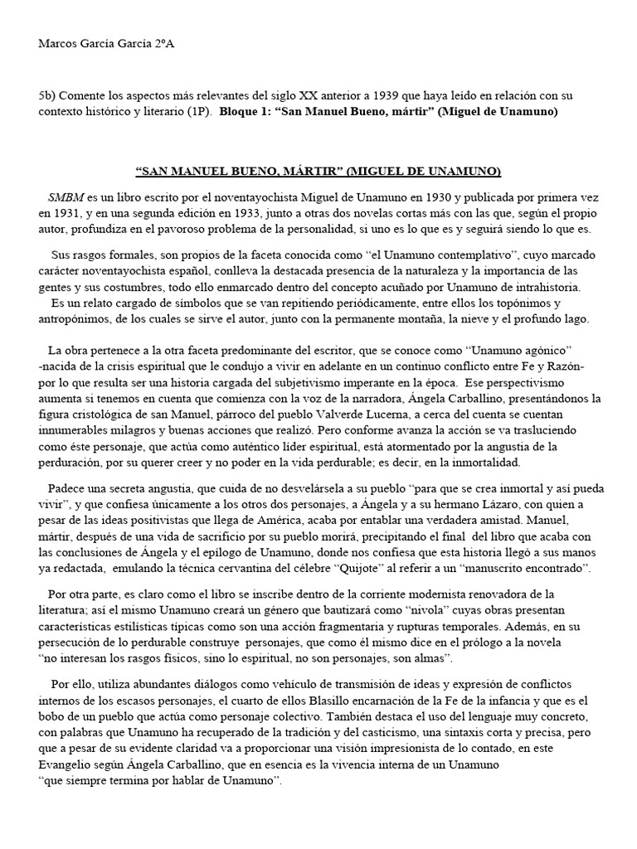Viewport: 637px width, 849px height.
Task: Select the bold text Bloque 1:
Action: (x=246, y=111)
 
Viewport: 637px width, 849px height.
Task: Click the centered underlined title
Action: (x=318, y=172)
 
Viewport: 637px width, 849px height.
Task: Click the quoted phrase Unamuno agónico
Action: (x=520, y=350)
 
